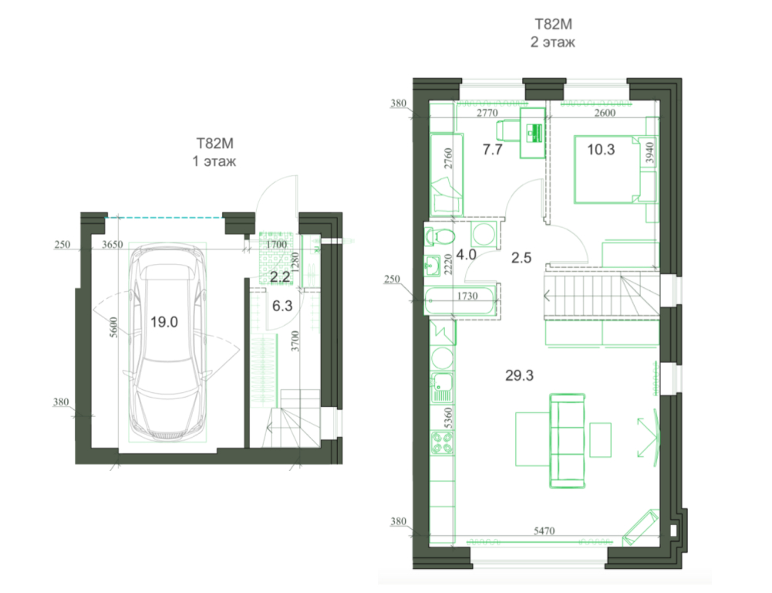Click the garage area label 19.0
(x=164, y=323)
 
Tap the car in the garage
(x=167, y=343)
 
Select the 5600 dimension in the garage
(x=113, y=327)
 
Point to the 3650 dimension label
(x=113, y=245)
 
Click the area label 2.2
(x=280, y=277)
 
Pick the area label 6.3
(x=282, y=306)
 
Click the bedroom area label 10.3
(x=601, y=149)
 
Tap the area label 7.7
(x=492, y=149)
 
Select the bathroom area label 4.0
(x=466, y=255)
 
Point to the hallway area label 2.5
(x=521, y=258)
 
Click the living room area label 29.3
(x=520, y=375)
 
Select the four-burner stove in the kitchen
(x=442, y=442)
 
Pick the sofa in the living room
(x=567, y=441)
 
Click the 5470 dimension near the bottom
(x=544, y=531)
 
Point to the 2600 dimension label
(x=605, y=113)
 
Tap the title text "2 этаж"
(x=552, y=42)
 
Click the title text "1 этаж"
(x=214, y=161)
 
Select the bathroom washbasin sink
(x=433, y=266)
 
